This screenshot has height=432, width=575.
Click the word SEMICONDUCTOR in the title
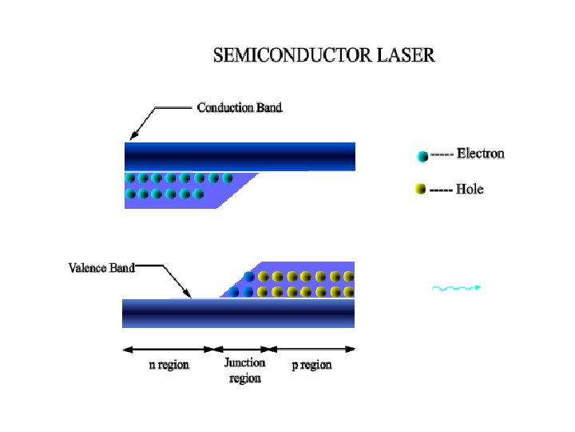293,56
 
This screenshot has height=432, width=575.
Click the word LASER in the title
407,56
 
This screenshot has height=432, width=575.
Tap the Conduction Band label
239,107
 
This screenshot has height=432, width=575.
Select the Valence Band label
101,268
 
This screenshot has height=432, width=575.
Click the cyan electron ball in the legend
422,156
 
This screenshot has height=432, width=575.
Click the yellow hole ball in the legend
421,190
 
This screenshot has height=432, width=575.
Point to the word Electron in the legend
480,154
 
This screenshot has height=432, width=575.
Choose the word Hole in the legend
470,190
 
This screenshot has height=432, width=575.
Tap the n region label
169,365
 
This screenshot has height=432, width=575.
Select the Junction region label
244,370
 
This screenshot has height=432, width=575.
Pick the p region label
311,365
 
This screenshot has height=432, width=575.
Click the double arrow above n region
170,349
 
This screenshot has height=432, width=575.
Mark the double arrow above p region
313,349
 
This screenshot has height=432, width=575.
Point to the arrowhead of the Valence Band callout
188,294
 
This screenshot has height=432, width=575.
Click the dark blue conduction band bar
240,156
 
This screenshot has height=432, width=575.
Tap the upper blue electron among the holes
248,277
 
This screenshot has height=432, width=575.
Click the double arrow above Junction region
245,349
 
